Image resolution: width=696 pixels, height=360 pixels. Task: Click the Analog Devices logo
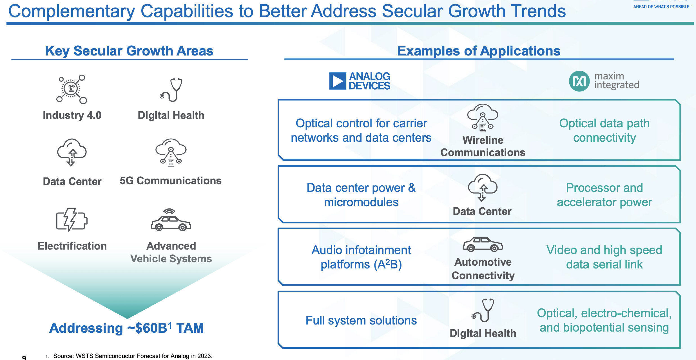tap(360, 81)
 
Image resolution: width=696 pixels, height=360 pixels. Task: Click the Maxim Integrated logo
tap(604, 81)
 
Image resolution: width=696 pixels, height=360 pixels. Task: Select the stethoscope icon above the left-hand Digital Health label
tap(171, 90)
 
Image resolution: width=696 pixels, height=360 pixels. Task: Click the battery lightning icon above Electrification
tap(72, 220)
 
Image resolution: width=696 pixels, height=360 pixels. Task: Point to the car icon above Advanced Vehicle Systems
tap(171, 220)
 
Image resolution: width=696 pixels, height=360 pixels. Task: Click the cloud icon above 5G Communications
tap(171, 152)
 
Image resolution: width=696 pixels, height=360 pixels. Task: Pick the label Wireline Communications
tap(483, 146)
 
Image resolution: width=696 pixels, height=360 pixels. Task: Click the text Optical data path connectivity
tap(604, 130)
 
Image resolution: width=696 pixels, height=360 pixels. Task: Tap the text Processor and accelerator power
tap(604, 195)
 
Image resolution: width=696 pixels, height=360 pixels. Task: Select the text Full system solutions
tap(361, 321)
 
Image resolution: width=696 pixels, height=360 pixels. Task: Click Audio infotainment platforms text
tap(361, 257)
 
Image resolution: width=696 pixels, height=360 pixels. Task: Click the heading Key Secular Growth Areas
tap(129, 51)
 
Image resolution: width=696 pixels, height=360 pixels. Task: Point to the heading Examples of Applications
tap(479, 51)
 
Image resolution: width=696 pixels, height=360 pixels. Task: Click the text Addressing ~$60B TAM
tap(126, 328)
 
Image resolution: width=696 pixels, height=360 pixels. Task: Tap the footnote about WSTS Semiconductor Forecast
tap(132, 356)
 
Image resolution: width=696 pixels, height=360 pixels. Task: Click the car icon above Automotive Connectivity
tap(483, 244)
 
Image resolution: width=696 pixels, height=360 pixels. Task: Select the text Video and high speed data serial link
tap(604, 257)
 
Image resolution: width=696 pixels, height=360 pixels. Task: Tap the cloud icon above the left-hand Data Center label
tap(72, 152)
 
